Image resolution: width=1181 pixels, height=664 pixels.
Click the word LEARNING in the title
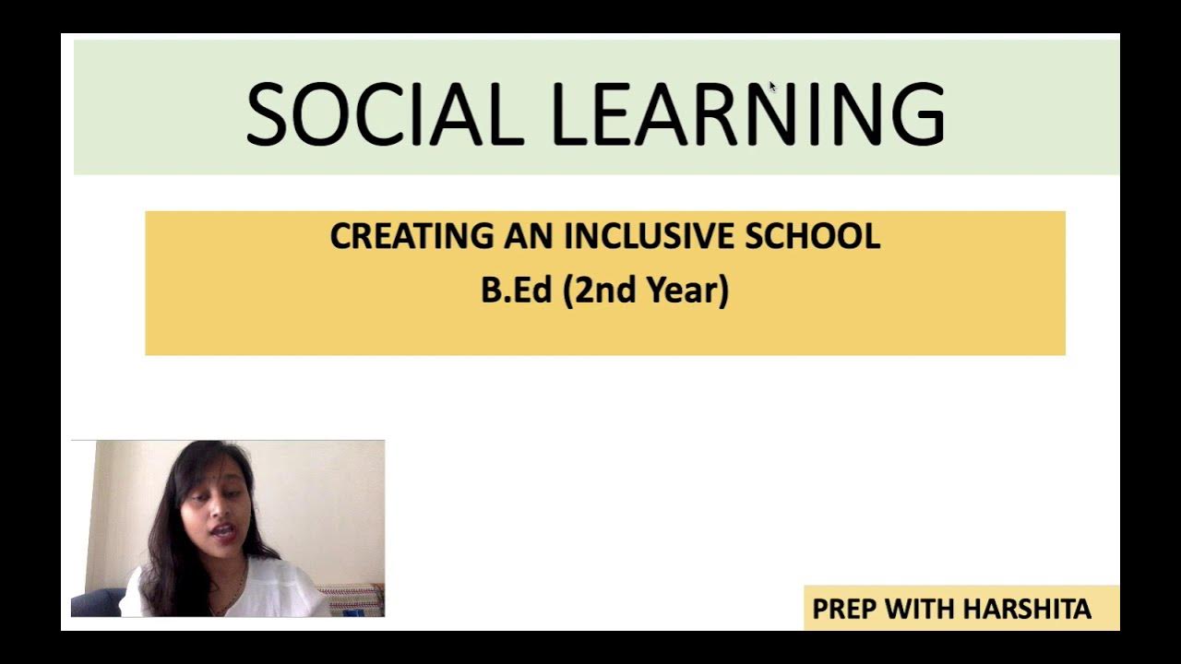[747, 114]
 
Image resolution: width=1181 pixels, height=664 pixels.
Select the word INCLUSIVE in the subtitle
[650, 236]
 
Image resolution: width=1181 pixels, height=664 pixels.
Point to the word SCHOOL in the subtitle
[812, 236]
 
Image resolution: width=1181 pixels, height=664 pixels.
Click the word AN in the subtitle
[531, 236]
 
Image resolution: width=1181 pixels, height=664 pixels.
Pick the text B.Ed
[516, 290]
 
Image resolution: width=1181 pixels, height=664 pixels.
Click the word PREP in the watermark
[844, 610]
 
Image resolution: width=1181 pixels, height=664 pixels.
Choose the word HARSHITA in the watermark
[1027, 610]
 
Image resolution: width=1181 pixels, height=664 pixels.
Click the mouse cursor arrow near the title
[772, 86]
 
